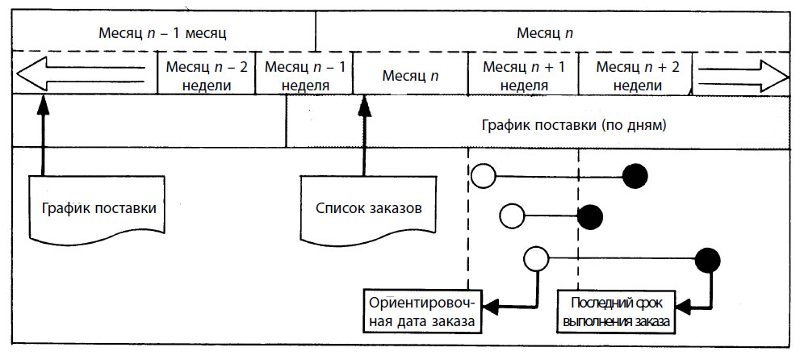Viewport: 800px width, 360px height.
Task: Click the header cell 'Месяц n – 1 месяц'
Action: tap(162, 34)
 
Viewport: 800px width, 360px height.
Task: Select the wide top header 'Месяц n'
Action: tap(546, 34)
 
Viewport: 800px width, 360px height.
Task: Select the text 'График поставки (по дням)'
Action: tap(574, 125)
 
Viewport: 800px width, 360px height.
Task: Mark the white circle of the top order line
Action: tap(484, 176)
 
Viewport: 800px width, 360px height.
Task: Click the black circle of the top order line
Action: tap(635, 177)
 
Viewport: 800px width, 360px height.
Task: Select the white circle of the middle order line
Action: tap(512, 216)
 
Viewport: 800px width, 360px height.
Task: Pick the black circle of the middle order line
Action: tap(590, 216)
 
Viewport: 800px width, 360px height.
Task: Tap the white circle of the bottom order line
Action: tap(536, 258)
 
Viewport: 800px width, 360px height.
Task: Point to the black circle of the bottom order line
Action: tap(708, 260)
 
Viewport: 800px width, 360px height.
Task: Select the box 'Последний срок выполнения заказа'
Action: tap(617, 312)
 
